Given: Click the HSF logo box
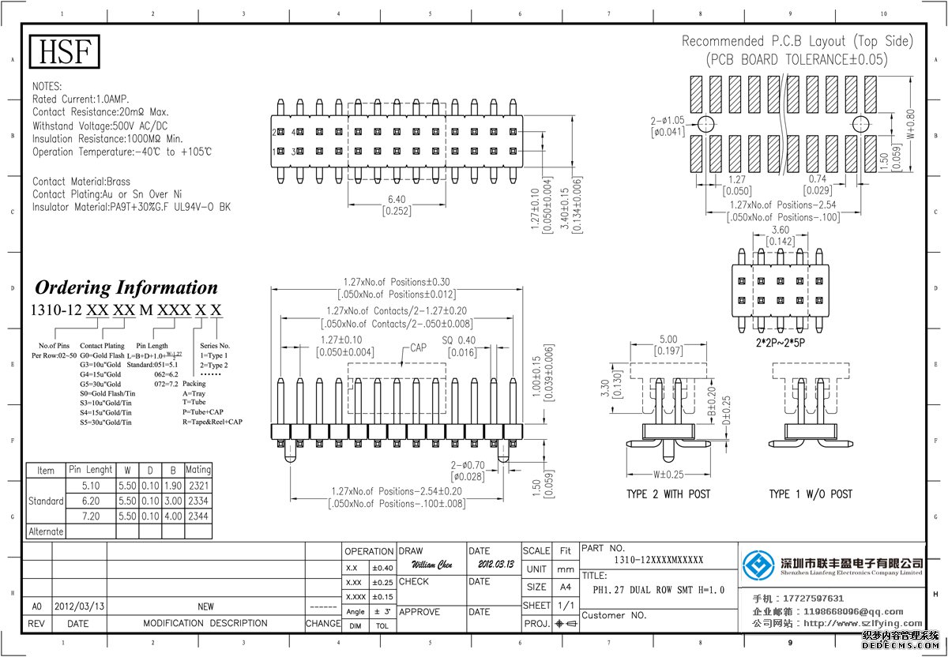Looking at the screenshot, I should coord(66,52).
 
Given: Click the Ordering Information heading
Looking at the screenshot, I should coord(126,287).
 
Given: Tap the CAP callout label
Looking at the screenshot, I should coord(419,348).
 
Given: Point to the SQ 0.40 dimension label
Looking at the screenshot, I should coord(459,340).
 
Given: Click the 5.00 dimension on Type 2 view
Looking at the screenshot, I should coord(668,340).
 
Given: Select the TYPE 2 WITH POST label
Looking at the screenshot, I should coord(668,494).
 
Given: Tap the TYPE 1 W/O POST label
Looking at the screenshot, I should coord(811,494).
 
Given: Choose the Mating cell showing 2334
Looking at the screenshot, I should coord(198,501).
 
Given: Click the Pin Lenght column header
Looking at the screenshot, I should coord(91,470).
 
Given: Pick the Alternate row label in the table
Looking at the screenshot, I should coord(46,531).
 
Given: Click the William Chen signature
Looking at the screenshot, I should coord(432,565).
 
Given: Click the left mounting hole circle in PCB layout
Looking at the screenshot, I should coord(705,124).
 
